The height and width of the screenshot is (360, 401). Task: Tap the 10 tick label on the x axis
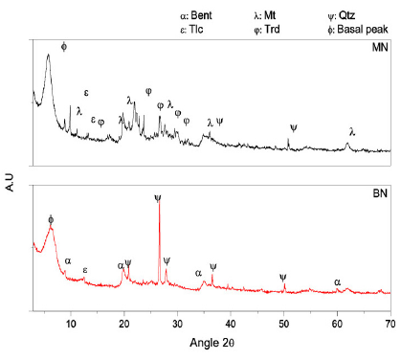tap(70, 325)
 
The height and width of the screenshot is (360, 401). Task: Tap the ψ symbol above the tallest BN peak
tap(158, 198)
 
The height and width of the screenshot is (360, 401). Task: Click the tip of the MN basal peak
tap(48, 55)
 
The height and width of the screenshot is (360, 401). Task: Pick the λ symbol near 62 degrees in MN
tap(352, 131)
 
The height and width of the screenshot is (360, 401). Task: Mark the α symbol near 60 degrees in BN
tap(337, 281)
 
